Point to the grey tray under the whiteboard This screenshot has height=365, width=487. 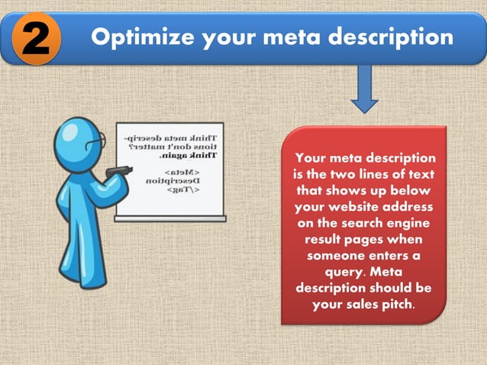[x=169, y=218]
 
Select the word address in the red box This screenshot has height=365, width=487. [x=408, y=207]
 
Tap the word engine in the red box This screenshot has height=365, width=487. [x=408, y=224]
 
